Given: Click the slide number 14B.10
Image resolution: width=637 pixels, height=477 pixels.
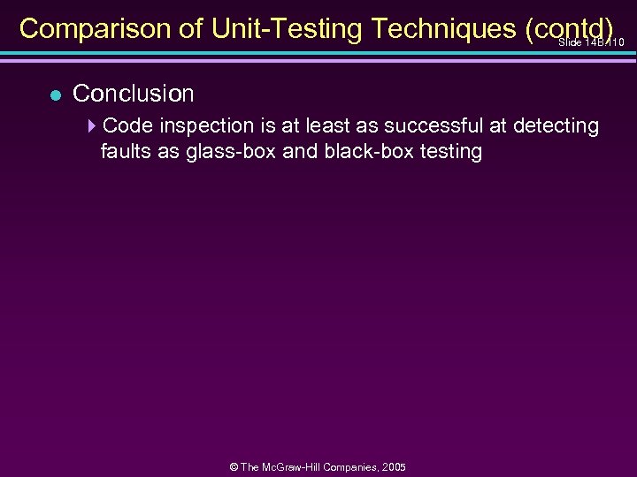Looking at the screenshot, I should point(592,42).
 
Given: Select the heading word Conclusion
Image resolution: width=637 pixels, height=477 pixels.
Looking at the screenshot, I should point(133,93).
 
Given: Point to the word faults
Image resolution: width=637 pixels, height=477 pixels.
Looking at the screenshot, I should point(127,151).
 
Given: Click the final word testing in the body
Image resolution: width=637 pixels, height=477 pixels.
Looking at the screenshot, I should point(451,151).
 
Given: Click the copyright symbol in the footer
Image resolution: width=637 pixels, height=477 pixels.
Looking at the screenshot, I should point(232,466).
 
